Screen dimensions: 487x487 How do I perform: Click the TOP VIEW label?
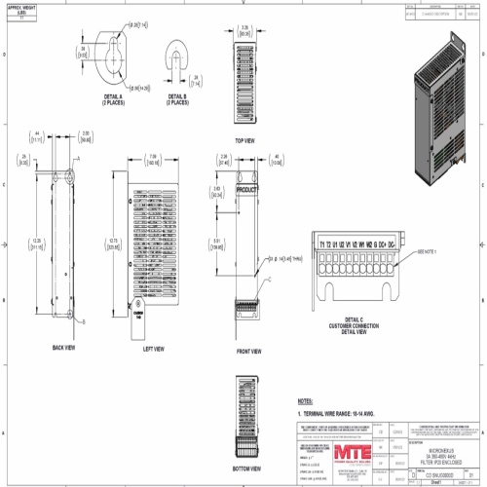click(244, 138)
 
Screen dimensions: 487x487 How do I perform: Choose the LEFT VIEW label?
click(153, 348)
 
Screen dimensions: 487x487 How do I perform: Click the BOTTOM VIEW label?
click(246, 480)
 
